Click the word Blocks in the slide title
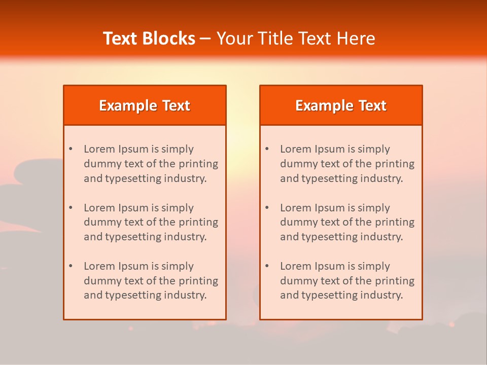[x=170, y=39]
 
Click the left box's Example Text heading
[x=145, y=105]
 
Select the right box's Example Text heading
[x=341, y=105]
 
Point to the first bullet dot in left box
[x=71, y=149]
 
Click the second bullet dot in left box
[x=71, y=208]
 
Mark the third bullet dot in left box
[x=71, y=266]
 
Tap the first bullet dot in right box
[x=267, y=149]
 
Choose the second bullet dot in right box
[x=267, y=208]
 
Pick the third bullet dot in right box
[x=267, y=266]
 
